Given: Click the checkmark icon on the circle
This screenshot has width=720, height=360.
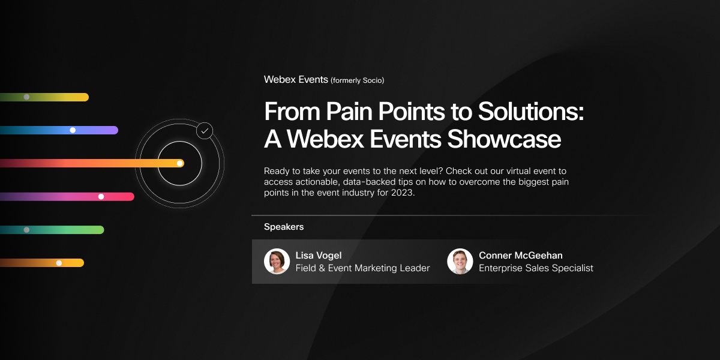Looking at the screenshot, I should [205, 130].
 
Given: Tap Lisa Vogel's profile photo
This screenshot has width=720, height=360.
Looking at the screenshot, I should [277, 262].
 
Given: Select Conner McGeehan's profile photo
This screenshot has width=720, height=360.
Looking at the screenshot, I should [460, 262].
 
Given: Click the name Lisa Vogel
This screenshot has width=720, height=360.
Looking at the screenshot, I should [319, 256].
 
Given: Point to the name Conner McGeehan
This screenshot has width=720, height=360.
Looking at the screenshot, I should [521, 256].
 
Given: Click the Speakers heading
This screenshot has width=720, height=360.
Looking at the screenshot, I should [284, 227].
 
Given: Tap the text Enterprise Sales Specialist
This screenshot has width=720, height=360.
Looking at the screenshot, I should [536, 268].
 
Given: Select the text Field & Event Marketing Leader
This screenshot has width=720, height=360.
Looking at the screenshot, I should [362, 268].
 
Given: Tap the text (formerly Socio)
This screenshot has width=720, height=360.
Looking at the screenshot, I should [357, 80].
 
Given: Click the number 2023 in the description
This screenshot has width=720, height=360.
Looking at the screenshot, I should [401, 193].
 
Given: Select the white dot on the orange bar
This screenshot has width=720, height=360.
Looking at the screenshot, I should [179, 163].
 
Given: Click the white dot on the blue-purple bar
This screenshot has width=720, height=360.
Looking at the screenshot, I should [73, 130].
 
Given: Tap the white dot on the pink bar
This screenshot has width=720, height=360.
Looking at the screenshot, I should [101, 196].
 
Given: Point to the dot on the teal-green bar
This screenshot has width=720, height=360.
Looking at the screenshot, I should [26, 230].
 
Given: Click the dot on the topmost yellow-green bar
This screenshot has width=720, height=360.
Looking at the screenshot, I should [26, 97].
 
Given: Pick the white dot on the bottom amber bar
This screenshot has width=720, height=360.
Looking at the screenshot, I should [59, 263].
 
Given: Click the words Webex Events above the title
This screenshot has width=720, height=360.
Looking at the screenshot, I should [296, 79].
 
